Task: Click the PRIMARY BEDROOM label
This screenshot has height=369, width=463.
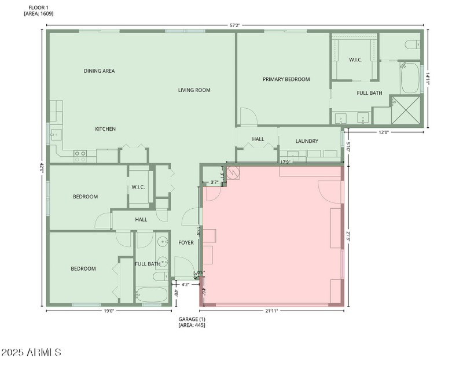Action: pyautogui.click(x=286, y=79)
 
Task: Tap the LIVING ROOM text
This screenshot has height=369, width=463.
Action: pyautogui.click(x=194, y=90)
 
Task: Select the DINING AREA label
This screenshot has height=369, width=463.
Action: pyautogui.click(x=99, y=71)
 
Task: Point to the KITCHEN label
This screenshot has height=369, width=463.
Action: pyautogui.click(x=105, y=129)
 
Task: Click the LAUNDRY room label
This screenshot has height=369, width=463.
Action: pyautogui.click(x=307, y=141)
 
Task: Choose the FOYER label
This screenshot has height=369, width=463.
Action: pyautogui.click(x=186, y=242)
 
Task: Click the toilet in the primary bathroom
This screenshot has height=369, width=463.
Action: pyautogui.click(x=411, y=43)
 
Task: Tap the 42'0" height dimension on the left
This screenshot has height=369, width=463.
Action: pyautogui.click(x=42, y=167)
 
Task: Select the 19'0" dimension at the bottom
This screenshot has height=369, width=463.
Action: pyautogui.click(x=108, y=311)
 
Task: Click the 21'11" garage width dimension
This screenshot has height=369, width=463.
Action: pyautogui.click(x=272, y=311)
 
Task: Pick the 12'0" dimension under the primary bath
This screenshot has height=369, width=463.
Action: pyautogui.click(x=384, y=132)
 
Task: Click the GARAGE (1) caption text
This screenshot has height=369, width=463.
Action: pyautogui.click(x=192, y=319)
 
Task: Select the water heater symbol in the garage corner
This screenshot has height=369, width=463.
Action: pyautogui.click(x=234, y=172)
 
